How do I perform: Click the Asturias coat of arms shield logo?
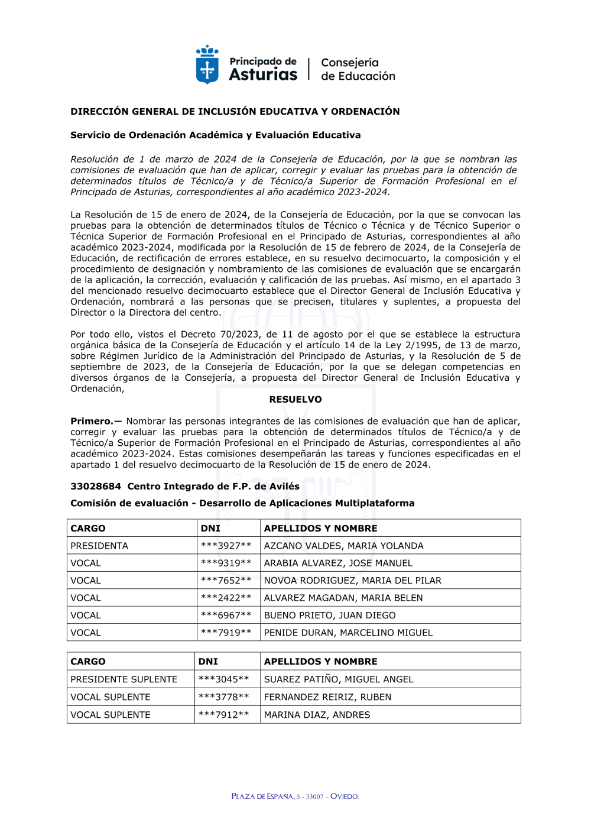207,65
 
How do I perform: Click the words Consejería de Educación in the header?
358,69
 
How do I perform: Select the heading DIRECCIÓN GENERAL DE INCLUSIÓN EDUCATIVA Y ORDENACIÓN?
235,111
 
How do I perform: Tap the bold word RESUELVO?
295,400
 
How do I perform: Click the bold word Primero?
95,421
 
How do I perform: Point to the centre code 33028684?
96,486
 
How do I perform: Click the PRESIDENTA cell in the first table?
99,546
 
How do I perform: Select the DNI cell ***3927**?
226,546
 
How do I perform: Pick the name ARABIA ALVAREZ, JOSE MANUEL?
338,563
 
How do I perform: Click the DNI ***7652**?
226,581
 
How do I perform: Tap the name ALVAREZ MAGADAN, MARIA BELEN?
343,598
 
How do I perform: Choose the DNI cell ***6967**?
226,615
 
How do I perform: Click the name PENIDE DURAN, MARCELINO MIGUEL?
348,633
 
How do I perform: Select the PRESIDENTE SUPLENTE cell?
124,679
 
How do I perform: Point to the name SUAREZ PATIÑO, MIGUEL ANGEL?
339,679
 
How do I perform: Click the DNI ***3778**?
223,697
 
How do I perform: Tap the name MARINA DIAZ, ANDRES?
317,715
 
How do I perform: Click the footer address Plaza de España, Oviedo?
295,796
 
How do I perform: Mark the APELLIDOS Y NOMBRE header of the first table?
320,529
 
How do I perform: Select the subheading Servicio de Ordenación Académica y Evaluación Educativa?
215,135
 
